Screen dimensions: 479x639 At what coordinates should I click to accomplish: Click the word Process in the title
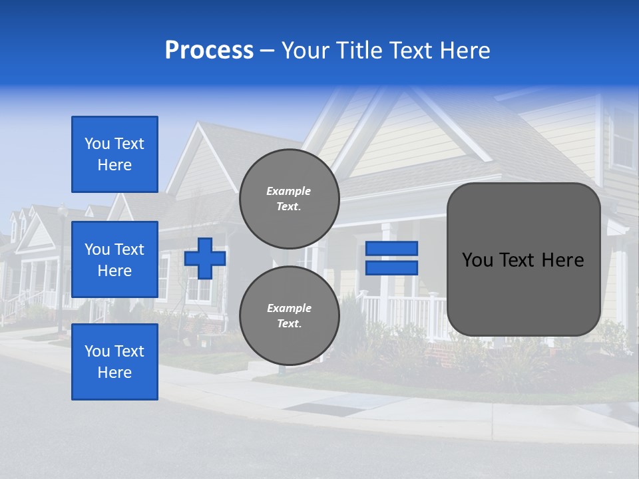[209, 51]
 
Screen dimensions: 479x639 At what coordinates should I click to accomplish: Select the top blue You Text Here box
[114, 154]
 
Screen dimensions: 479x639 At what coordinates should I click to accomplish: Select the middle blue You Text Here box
[114, 259]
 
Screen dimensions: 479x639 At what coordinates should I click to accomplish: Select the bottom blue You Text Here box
[114, 362]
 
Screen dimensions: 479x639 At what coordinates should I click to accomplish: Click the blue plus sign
[205, 258]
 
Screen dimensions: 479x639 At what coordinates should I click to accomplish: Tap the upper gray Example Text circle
[289, 199]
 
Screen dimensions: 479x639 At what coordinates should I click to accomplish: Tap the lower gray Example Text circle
[289, 316]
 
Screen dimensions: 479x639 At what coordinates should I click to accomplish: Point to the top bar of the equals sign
[391, 248]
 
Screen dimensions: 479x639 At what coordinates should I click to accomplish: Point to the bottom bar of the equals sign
[391, 267]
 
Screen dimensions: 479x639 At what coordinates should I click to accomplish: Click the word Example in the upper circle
[289, 191]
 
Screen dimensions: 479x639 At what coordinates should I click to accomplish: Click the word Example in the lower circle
[289, 308]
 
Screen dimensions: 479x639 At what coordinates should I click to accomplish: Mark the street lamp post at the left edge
[62, 266]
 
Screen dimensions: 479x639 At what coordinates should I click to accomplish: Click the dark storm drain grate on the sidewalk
[319, 408]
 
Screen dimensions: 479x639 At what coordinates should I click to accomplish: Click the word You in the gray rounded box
[477, 260]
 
